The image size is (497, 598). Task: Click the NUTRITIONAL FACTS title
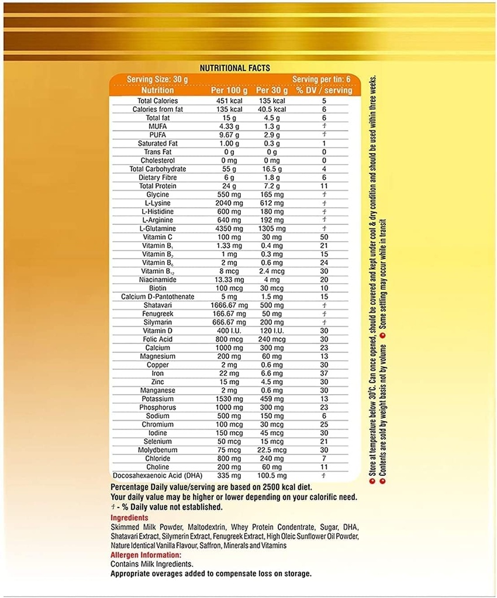[x=235, y=68]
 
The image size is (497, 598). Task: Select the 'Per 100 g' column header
[x=229, y=91]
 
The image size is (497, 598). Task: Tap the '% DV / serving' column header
[x=323, y=91]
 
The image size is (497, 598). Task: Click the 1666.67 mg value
[x=229, y=305]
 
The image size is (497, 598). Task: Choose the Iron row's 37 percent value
[x=323, y=373]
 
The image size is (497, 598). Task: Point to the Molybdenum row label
[x=154, y=450]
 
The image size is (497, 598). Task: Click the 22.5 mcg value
[x=271, y=450]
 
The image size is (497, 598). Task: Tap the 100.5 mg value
[x=271, y=476]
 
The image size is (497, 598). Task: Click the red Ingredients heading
[x=129, y=518]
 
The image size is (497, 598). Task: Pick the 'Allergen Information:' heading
[x=146, y=555]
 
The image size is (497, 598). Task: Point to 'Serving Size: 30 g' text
[x=157, y=79]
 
